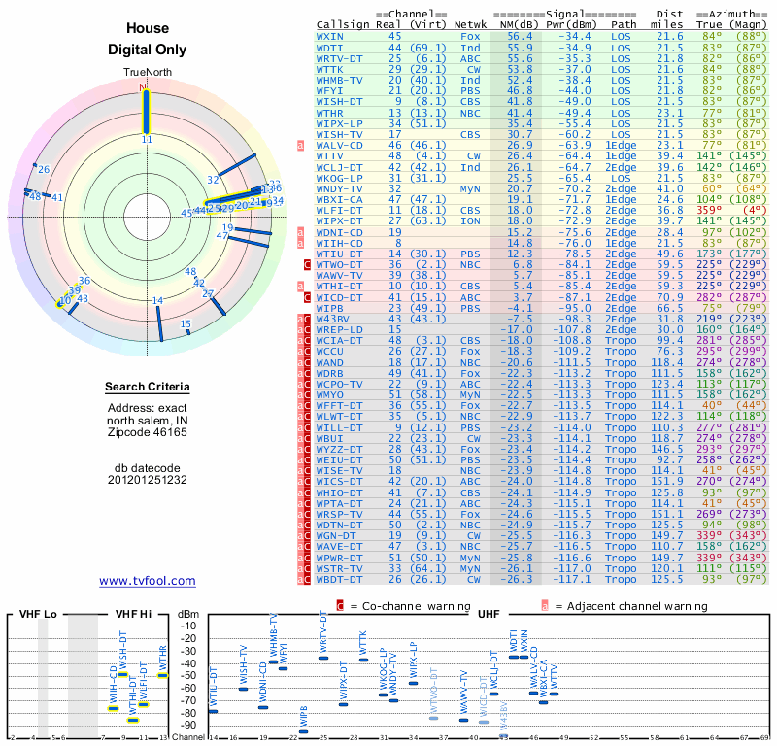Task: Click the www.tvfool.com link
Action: click(147, 581)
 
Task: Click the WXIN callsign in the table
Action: click(330, 36)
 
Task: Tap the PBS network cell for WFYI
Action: click(470, 89)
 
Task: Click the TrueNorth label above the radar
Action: click(147, 73)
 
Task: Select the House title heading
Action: click(147, 30)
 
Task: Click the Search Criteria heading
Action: click(147, 388)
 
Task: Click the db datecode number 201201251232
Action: click(147, 480)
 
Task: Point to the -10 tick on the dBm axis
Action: click(187, 626)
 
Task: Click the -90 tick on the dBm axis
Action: click(187, 726)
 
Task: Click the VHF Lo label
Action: click(38, 614)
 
